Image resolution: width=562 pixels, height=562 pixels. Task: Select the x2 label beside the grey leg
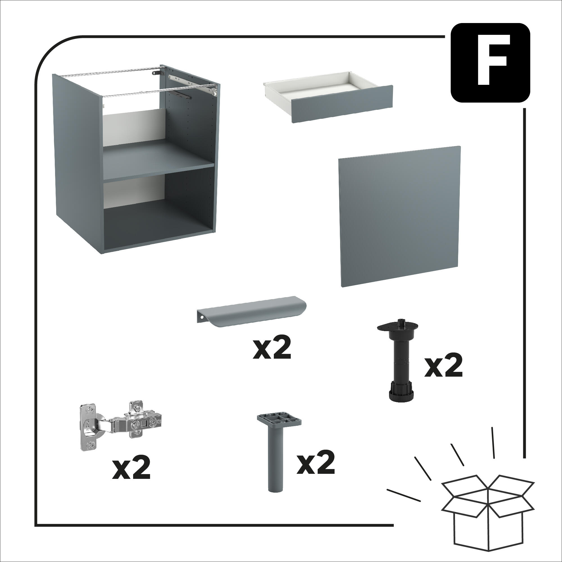click(x=316, y=463)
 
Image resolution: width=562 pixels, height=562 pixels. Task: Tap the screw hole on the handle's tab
click(x=201, y=313)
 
